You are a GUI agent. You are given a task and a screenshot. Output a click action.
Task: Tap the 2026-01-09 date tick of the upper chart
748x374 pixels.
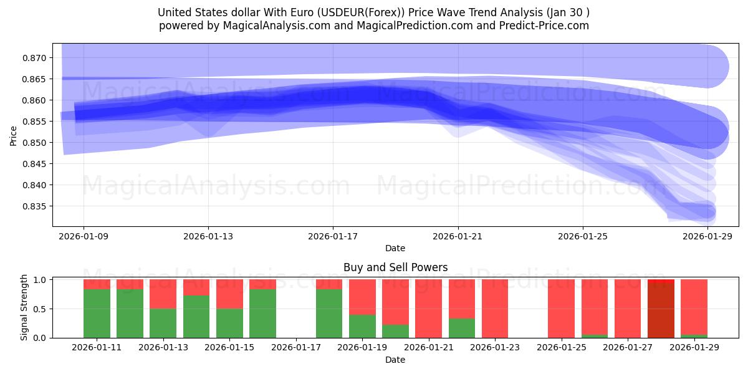click(x=84, y=236)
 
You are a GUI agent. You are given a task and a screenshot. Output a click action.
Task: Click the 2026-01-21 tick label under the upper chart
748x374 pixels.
click(x=458, y=236)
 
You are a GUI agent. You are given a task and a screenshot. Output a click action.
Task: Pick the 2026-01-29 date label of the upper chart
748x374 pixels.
click(x=707, y=236)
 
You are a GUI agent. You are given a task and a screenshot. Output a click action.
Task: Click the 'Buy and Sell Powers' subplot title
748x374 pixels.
click(x=395, y=267)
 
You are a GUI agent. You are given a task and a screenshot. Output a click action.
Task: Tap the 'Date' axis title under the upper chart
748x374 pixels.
click(x=395, y=248)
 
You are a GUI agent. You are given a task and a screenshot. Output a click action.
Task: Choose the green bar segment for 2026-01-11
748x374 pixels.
click(x=97, y=314)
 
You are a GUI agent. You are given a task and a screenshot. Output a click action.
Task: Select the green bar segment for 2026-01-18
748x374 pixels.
click(x=329, y=314)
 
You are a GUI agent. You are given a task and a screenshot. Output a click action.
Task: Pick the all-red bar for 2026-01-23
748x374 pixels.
click(x=495, y=309)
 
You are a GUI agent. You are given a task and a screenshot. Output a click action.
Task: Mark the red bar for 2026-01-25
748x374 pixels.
click(x=561, y=309)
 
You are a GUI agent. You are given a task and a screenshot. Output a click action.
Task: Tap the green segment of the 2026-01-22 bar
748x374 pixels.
click(x=462, y=328)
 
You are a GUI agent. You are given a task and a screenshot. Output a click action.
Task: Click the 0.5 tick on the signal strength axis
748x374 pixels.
click(x=41, y=309)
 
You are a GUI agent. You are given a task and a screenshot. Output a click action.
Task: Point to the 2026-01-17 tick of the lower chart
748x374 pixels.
click(x=296, y=348)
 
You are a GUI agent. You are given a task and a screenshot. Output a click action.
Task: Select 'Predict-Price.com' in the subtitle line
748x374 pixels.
click(x=547, y=26)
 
